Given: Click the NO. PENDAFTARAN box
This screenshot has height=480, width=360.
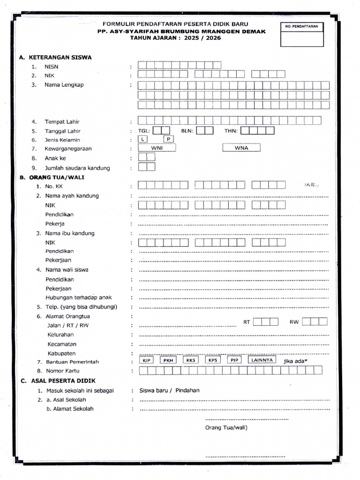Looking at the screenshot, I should coord(302,34).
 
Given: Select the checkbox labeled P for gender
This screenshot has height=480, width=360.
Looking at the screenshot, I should coord(168,140).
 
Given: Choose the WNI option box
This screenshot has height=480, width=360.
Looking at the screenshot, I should coord(157,148).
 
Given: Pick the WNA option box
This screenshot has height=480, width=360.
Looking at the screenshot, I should coord(241,148).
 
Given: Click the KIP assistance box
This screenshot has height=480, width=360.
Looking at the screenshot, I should coord(146,360).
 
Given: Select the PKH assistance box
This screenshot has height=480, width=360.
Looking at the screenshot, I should coord(168,360).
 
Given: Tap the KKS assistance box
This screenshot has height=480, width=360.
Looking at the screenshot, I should coord(191,360).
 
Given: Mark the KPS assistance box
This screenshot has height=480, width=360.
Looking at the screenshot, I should coord(213,360).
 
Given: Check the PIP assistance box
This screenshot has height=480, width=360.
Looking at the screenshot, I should coord(234,360).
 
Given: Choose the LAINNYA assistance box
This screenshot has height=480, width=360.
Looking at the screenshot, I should coord(262,360).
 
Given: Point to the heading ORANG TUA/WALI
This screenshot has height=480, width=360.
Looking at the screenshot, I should coord(57,178).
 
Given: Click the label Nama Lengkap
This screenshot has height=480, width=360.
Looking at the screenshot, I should coord(64,85).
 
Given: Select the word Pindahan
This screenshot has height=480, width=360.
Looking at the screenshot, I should coord(187,390).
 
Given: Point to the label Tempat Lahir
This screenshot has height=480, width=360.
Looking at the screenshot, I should coord(63,122).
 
